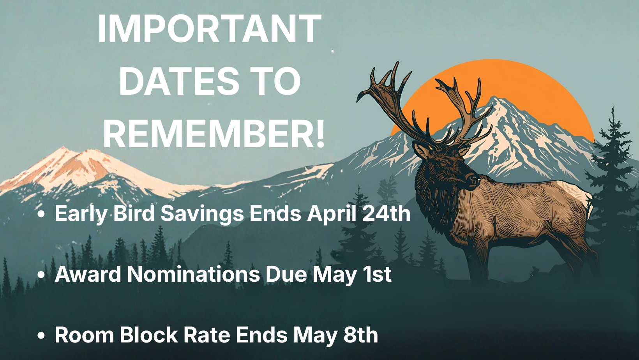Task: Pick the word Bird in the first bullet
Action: pyautogui.click(x=134, y=213)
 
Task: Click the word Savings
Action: pyautogui.click(x=202, y=214)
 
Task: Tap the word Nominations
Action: pyautogui.click(x=193, y=274)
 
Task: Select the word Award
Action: pyautogui.click(x=88, y=274)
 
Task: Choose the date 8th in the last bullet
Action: pyautogui.click(x=360, y=335)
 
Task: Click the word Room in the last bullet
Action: pyautogui.click(x=85, y=335)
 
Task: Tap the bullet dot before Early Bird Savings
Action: pyautogui.click(x=41, y=214)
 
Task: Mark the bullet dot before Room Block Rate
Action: pyautogui.click(x=41, y=336)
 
